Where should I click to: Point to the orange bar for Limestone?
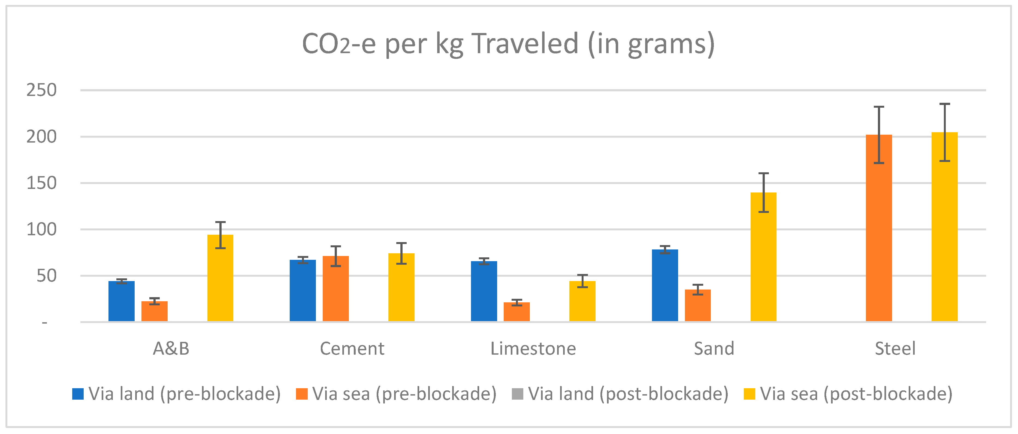(x=516, y=312)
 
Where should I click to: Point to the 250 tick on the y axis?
(x=41, y=90)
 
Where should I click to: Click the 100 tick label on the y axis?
(x=41, y=230)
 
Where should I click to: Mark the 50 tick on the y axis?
(x=47, y=276)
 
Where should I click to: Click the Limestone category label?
(x=533, y=349)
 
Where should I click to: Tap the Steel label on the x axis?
(x=895, y=349)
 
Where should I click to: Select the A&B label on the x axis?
(x=171, y=349)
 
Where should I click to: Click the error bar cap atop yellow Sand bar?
(x=763, y=174)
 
